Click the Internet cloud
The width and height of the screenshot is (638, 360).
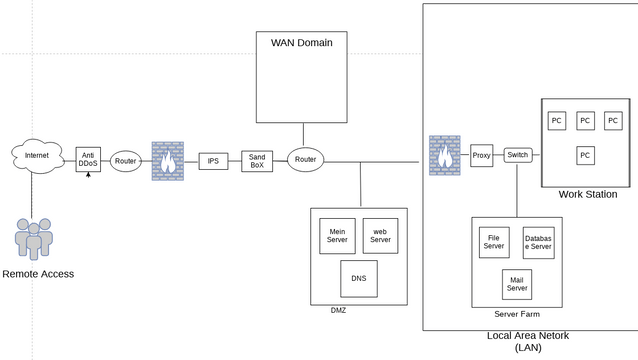36,157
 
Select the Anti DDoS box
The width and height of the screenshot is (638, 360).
89,160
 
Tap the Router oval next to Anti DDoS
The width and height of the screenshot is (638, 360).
126,161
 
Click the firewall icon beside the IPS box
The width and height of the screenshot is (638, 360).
168,161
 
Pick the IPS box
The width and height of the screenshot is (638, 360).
213,161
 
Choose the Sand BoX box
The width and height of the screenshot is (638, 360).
257,160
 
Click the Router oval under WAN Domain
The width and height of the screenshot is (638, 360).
306,160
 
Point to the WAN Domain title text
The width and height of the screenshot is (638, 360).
301,43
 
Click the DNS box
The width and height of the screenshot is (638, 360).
358,279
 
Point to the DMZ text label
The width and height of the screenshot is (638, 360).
338,311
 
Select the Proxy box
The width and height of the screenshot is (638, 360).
482,155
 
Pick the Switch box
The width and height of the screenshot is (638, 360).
517,155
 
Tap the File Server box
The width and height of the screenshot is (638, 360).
494,242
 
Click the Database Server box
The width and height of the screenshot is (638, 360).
538,243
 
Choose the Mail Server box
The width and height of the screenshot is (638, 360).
516,284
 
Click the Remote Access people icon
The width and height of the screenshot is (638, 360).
33,238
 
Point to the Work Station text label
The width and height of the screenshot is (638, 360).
587,194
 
